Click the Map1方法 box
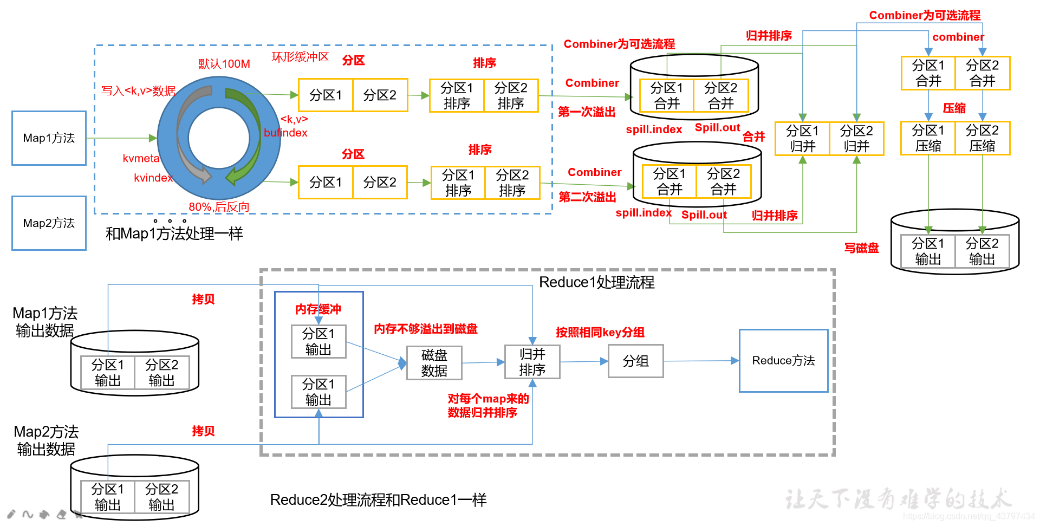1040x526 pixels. click(x=49, y=138)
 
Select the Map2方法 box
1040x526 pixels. click(x=49, y=223)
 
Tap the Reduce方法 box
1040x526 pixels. click(x=783, y=361)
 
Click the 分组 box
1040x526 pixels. click(x=635, y=361)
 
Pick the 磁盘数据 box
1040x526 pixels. click(x=434, y=363)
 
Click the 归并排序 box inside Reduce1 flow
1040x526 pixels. click(x=532, y=362)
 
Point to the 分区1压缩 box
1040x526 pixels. click(x=928, y=139)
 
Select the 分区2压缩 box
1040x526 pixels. click(x=982, y=139)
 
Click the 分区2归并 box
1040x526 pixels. click(x=856, y=139)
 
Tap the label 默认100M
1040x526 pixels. click(x=224, y=64)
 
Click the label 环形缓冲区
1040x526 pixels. click(x=300, y=57)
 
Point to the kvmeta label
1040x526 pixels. click(x=141, y=158)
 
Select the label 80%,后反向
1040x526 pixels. click(x=219, y=207)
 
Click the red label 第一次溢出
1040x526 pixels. click(x=587, y=112)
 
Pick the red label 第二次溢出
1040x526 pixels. click(x=587, y=197)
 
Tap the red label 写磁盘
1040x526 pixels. click(x=861, y=248)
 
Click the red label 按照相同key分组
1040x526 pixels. click(x=600, y=333)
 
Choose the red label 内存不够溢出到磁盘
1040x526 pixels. click(x=426, y=329)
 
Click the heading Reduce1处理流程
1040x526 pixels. click(x=596, y=282)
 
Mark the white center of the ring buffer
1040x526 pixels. click(x=219, y=138)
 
